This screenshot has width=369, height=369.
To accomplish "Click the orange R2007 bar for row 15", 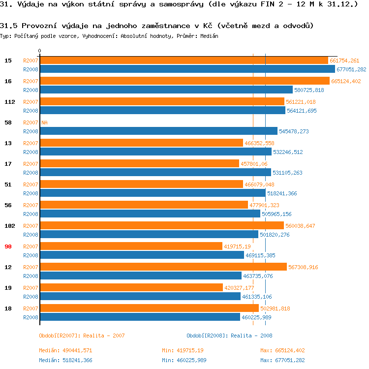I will click(184, 61).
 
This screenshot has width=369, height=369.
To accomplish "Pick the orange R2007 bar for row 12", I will click(163, 267).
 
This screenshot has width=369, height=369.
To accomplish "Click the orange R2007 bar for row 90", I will click(131, 246).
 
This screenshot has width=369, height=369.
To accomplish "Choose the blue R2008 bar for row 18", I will click(140, 317).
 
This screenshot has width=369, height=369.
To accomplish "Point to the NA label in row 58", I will click(44, 123).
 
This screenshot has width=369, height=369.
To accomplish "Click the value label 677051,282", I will click(351, 70).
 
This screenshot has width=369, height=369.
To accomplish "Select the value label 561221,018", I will click(301, 102).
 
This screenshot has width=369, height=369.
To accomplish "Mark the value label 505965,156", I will click(277, 214).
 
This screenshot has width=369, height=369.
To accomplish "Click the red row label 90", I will click(8, 246).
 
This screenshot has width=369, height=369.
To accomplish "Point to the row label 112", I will click(10, 102).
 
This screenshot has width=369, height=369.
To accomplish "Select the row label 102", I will click(10, 226).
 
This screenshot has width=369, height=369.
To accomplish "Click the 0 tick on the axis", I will click(40, 51).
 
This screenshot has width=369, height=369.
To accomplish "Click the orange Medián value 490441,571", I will click(73, 350).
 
